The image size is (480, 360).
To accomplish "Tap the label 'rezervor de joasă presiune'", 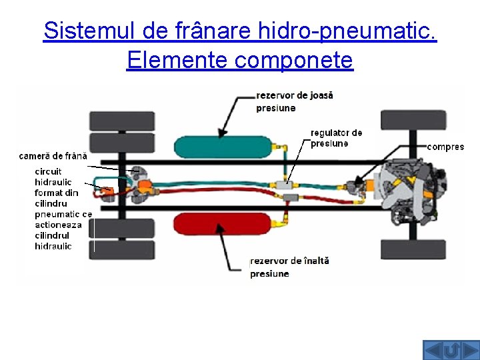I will click(x=294, y=101).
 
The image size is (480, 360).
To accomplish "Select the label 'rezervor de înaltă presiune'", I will click(x=289, y=267).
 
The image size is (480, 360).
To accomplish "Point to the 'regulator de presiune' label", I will click(x=336, y=138).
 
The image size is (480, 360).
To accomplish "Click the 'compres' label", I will click(x=445, y=147).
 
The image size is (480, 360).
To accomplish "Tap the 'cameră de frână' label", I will click(x=53, y=156).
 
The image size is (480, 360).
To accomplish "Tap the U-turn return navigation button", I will click(x=451, y=350).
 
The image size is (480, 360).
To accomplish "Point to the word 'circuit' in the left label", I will click(x=48, y=171).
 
